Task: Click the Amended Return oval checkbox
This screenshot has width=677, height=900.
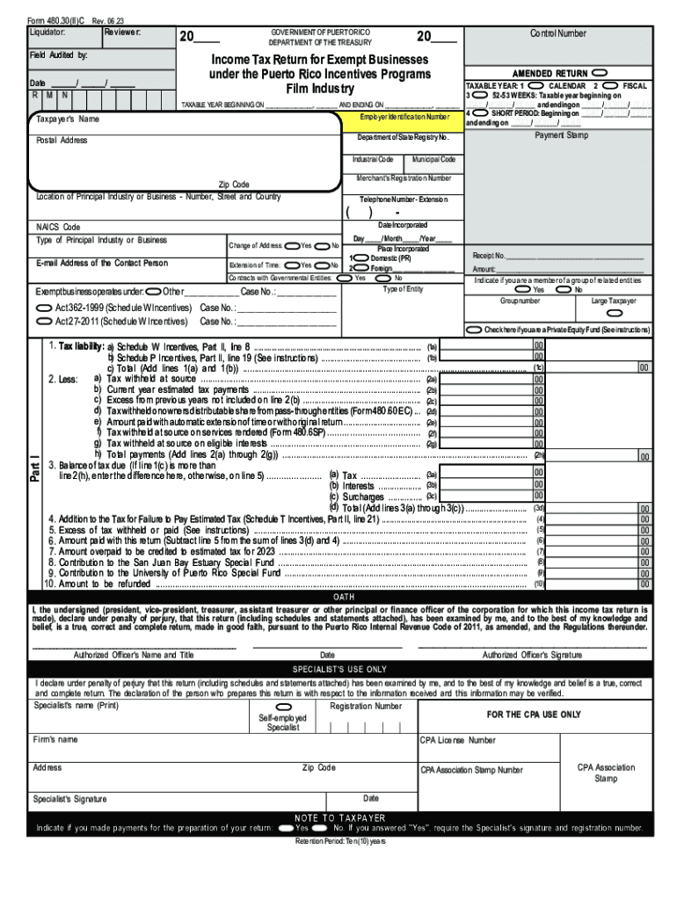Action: click(x=600, y=72)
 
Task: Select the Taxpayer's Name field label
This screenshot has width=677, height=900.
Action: click(x=68, y=119)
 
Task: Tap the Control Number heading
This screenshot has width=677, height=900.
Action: click(x=557, y=33)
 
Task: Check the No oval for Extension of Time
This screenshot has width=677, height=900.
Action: click(x=323, y=265)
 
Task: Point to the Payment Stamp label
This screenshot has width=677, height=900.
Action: click(x=561, y=135)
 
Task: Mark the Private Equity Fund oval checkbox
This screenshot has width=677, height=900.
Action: click(x=475, y=330)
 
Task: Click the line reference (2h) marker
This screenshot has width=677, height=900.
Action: click(x=540, y=455)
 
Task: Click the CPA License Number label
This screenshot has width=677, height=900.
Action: click(x=457, y=740)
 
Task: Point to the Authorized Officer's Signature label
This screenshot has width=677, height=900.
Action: click(x=532, y=655)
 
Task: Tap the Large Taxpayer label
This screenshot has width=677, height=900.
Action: click(x=614, y=301)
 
